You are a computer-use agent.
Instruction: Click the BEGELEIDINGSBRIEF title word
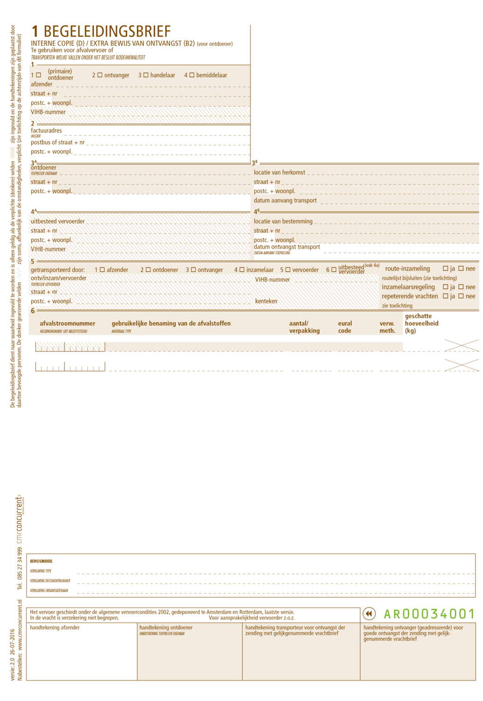pos(107,32)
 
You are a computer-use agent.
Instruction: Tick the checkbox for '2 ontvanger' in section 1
pos(100,75)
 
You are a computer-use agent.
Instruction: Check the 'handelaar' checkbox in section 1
pos(146,75)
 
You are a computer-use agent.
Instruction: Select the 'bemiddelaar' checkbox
pos(192,75)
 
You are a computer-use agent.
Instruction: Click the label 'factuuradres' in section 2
pos(46,131)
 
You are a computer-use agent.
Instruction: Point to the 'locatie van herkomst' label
pos(279,172)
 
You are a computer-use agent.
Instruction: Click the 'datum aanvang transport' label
pos(285,200)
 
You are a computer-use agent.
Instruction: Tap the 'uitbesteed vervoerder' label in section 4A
pos(58,222)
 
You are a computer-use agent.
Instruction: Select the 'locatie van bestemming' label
pos(283,222)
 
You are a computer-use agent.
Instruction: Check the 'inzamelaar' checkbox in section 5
pos(242,270)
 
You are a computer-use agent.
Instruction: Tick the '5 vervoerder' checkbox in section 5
pos(288,270)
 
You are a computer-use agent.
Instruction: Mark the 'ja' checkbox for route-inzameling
pos(446,269)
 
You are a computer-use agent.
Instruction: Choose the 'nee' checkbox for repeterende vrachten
pos(461,296)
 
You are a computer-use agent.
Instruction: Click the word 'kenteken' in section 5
pos(266,301)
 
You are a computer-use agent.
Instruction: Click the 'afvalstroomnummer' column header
pos(67,323)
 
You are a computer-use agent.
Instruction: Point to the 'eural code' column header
pos(345,327)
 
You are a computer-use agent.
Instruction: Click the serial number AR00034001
pos(429,614)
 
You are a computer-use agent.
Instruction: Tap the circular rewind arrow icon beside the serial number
pos(369,614)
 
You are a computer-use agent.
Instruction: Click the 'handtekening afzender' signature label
pos(55,628)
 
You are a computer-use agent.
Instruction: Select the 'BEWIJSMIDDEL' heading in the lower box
pos(41,561)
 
